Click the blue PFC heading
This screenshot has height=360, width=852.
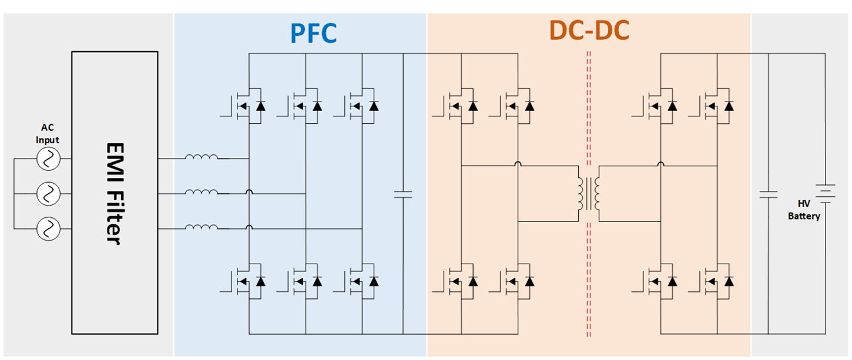click(314, 33)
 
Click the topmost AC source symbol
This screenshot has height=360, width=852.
click(48, 158)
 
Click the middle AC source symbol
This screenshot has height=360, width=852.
click(48, 193)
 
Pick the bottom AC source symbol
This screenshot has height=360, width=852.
click(48, 228)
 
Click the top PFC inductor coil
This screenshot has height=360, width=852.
click(202, 157)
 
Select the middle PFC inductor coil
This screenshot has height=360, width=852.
click(202, 193)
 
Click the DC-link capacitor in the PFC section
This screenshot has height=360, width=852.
click(403, 194)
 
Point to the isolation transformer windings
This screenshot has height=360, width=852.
click(589, 194)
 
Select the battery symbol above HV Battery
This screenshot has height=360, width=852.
click(825, 193)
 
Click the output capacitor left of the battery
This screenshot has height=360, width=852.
click(768, 194)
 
